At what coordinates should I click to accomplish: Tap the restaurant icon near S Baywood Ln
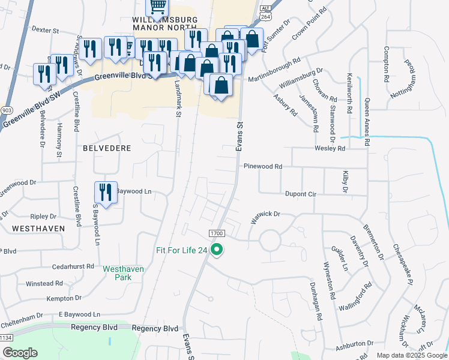106,193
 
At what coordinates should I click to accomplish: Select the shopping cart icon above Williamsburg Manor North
157,7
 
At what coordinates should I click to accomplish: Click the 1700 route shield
217,233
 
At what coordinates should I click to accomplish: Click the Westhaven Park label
124,274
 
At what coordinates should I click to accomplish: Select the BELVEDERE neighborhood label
106,147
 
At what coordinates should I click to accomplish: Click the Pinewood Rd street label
262,166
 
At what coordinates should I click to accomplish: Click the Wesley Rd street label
330,148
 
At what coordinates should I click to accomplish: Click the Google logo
20,353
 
